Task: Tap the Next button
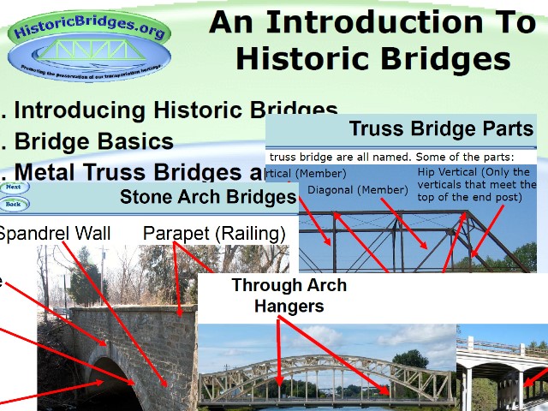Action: click(14, 188)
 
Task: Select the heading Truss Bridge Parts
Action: click(441, 130)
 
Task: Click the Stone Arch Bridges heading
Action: click(207, 198)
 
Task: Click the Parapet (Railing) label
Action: click(214, 233)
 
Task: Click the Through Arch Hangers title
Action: click(289, 295)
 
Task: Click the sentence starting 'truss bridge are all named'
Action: click(390, 157)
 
